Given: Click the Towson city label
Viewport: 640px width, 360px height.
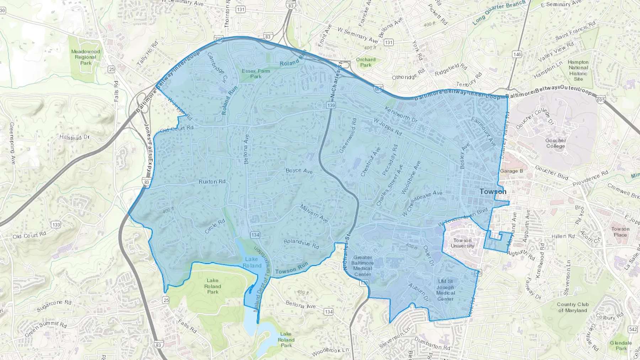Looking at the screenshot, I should [493, 192].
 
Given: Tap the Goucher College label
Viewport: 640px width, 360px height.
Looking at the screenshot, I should [555, 143].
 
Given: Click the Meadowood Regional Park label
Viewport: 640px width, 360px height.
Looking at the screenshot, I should [86, 57].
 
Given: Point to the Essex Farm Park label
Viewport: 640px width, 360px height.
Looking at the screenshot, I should [256, 74].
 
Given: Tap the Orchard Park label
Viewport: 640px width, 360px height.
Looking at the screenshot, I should [366, 62].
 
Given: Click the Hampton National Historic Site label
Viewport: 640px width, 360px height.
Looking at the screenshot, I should [578, 70].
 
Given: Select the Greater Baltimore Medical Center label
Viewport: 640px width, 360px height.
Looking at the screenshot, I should [362, 266].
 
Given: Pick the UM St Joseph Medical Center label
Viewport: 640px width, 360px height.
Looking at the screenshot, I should [445, 290].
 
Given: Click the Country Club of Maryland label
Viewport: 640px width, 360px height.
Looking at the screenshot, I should [572, 307].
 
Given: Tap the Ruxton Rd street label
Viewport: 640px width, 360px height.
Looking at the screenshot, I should [212, 182].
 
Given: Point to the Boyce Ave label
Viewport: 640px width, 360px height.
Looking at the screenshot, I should [299, 171].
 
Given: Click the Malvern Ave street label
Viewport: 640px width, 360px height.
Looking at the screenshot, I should [314, 213].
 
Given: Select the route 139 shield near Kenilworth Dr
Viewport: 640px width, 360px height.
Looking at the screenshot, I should [331, 105].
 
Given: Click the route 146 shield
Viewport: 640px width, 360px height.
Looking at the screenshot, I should [517, 54].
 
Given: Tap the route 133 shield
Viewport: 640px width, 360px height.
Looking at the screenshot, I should [56, 225].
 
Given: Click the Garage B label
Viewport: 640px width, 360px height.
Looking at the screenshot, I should [511, 171].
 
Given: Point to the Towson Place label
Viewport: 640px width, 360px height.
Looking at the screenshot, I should [620, 232].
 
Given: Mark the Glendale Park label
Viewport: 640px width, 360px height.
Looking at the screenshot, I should [621, 345].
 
